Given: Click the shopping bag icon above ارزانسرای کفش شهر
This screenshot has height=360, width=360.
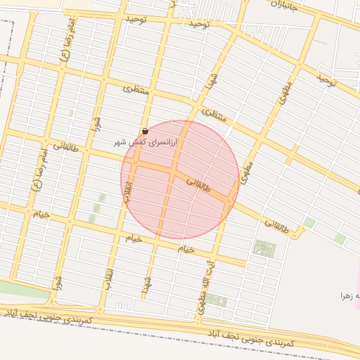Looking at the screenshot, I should pyautogui.click(x=145, y=131).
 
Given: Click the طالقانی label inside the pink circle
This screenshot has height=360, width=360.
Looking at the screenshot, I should pyautogui.click(x=199, y=185).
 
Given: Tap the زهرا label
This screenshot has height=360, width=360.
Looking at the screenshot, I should pyautogui.click(x=349, y=296).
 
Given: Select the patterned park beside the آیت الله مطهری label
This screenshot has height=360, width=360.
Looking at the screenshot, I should pyautogui.click(x=216, y=302).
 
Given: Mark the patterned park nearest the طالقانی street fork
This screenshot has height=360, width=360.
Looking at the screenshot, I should pyautogui.click(x=264, y=248).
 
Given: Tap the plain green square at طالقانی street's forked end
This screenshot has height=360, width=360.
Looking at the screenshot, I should pyautogui.click(x=309, y=223).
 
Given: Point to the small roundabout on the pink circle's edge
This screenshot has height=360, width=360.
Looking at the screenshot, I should pyautogui.click(x=229, y=202).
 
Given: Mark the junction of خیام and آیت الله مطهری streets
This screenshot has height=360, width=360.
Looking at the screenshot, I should pyautogui.click(x=213, y=256).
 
